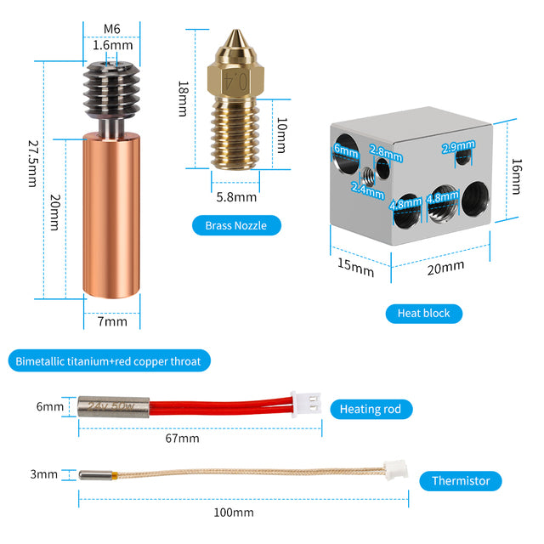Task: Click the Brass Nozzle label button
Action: [x=235, y=225]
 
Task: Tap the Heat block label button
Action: [x=423, y=313]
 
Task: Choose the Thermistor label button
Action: [x=460, y=480]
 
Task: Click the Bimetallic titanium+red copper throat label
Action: [x=108, y=361]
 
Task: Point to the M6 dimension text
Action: [x=111, y=28]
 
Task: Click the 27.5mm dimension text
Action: [x=31, y=164]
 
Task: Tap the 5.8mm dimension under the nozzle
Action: [x=235, y=197]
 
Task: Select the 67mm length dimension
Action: [x=183, y=439]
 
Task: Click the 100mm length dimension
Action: [x=233, y=512]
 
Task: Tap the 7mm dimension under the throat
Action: [x=111, y=321]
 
